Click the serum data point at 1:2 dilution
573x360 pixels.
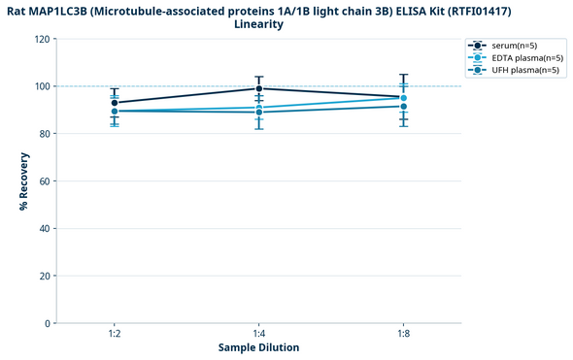[115, 103]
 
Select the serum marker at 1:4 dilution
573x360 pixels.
[259, 88]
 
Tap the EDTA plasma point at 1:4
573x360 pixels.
[259, 108]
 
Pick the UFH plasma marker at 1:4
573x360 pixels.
[259, 113]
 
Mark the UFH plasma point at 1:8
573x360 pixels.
[404, 106]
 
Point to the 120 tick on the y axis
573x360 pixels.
[41, 40]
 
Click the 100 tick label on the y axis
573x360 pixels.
[41, 86]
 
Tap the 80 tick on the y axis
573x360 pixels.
[44, 134]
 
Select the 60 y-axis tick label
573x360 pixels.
[44, 181]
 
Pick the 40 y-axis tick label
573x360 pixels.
[44, 229]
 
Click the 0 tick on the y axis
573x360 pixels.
[47, 323]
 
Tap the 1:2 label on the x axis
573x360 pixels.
[115, 334]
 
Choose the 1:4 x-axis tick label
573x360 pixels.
[259, 334]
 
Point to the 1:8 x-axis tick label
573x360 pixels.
[404, 334]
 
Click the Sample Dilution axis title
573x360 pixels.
[258, 347]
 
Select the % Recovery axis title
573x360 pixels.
[22, 180]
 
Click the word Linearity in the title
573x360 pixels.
[258, 24]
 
